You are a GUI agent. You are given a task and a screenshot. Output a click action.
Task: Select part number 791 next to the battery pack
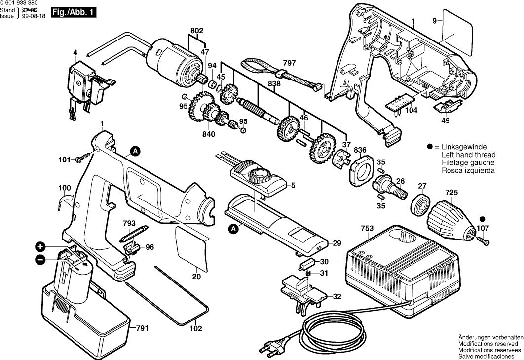(x=142, y=328)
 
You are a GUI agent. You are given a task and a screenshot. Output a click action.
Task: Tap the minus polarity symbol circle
(x=40, y=259)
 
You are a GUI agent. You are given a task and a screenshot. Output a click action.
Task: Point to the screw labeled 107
(x=483, y=239)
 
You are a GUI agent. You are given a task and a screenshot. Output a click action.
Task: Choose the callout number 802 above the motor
(x=197, y=31)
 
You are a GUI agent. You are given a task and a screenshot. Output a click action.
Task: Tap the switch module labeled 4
(x=81, y=81)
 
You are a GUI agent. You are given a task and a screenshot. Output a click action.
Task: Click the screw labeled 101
(x=82, y=159)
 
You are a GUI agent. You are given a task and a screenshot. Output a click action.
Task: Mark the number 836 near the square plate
(x=360, y=150)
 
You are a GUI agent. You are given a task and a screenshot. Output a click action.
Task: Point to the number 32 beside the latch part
(x=337, y=297)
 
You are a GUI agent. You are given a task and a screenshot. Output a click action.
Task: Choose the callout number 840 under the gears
(x=209, y=134)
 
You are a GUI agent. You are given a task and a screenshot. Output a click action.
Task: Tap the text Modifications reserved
(x=488, y=343)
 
